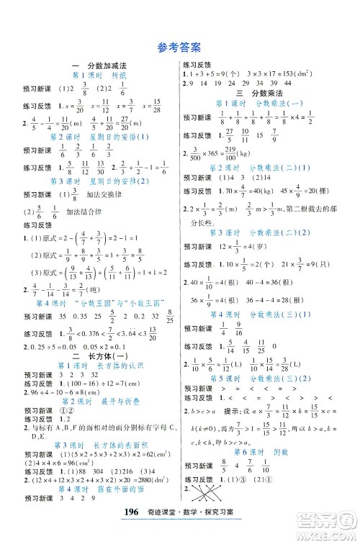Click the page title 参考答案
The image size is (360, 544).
[179, 49]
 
